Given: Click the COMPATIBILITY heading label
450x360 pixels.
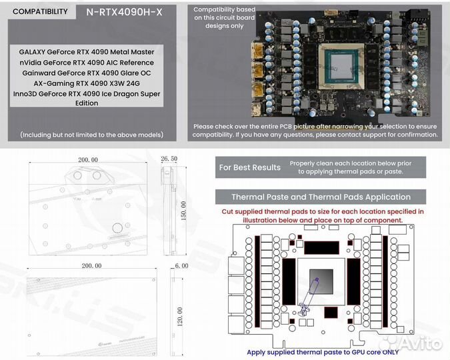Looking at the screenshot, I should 40,11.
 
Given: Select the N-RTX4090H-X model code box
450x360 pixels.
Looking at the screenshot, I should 123,11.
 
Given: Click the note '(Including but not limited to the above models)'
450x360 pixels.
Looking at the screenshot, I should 91,134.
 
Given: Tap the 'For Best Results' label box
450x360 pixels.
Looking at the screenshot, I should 249,167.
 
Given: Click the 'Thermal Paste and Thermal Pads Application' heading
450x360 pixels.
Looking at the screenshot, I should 321,197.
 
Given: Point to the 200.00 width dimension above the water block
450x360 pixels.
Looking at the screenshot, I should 88,160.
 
